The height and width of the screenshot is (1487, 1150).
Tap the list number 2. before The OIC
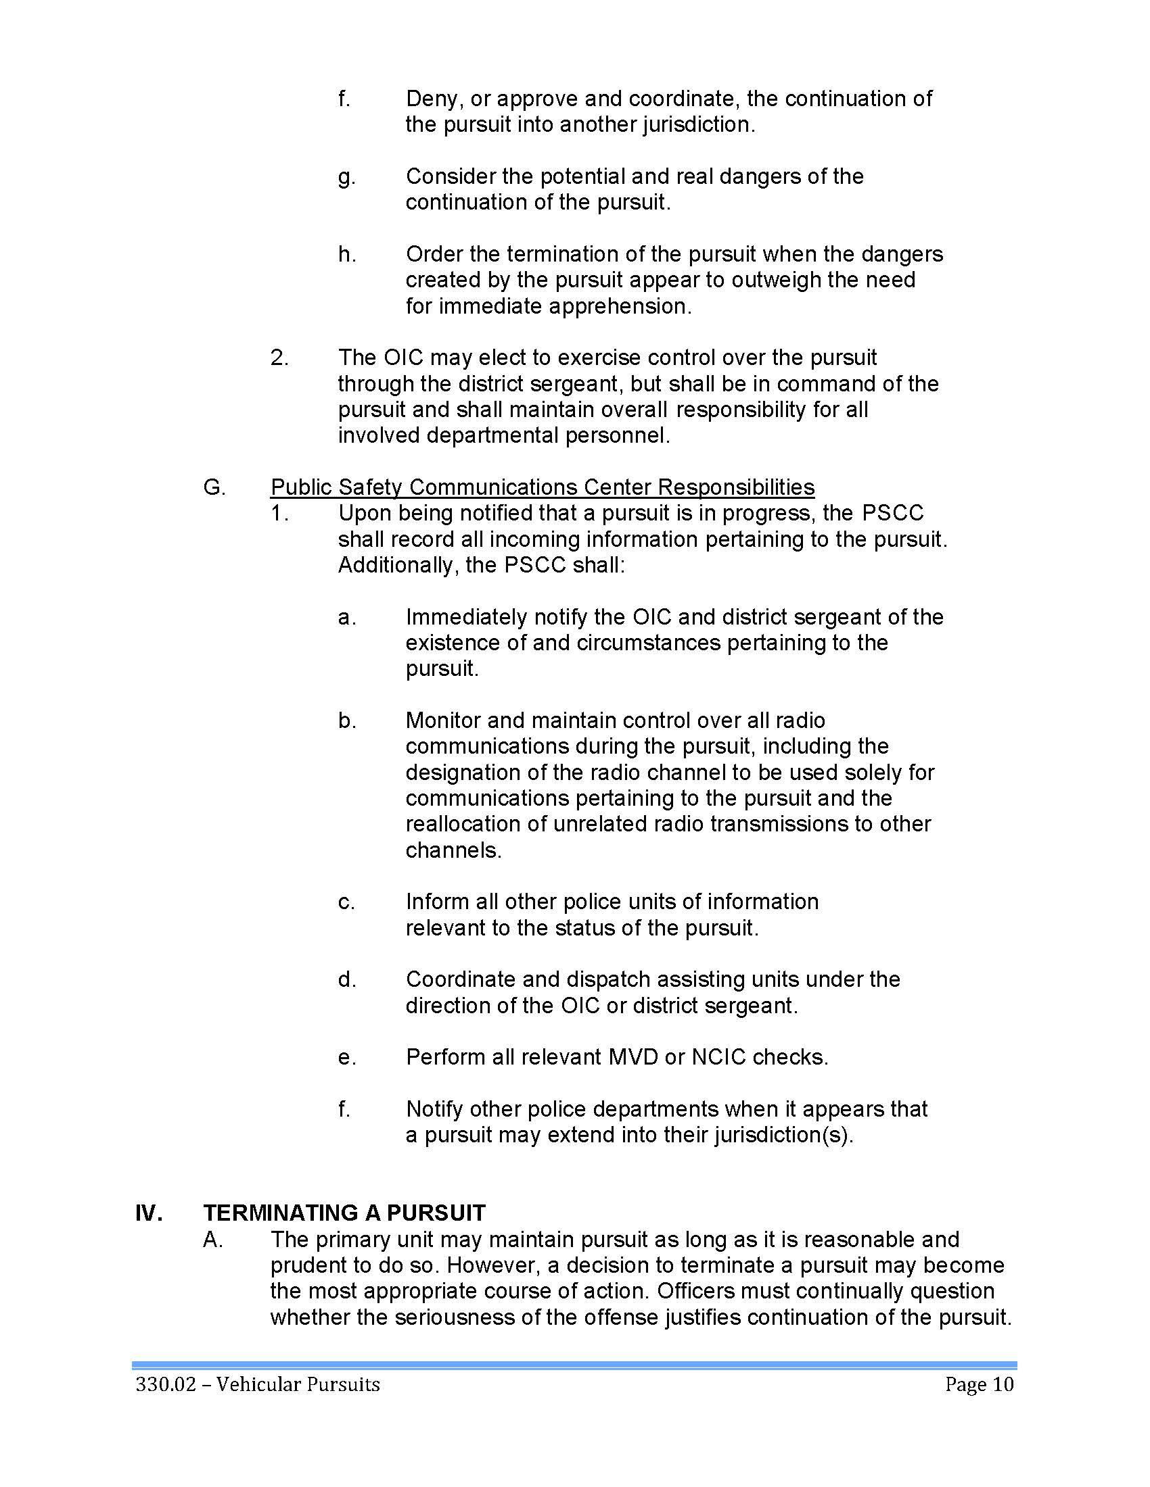[279, 358]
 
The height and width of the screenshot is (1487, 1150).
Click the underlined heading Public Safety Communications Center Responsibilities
[543, 487]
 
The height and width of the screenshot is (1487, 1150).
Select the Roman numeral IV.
[149, 1214]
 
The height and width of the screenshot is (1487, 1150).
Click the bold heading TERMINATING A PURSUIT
[344, 1214]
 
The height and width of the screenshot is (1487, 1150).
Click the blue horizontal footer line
[574, 1366]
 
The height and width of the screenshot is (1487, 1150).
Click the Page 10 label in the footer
[979, 1385]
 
